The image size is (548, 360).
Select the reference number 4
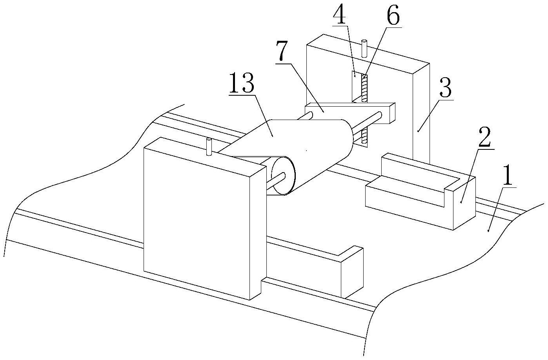pos(340,16)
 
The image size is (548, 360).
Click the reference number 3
pos(445,89)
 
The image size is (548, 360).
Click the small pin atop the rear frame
pos(364,47)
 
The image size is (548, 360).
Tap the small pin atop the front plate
pos(208,147)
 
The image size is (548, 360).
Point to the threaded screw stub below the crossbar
pos(365,136)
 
